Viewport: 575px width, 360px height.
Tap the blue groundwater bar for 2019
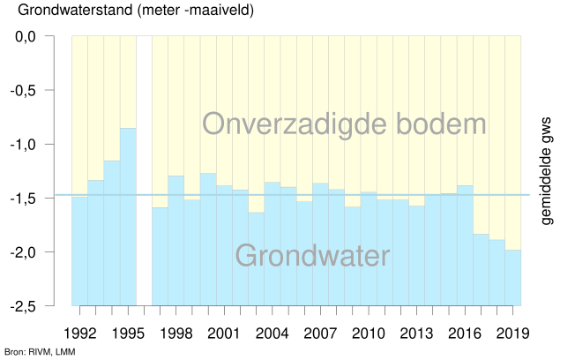(513, 277)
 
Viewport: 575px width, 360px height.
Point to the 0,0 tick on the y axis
(43, 37)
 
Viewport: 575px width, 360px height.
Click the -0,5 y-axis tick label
(41, 91)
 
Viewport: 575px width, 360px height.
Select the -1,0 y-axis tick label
(41, 145)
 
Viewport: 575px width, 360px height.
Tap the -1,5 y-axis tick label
(41, 199)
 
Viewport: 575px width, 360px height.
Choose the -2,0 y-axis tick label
(41, 252)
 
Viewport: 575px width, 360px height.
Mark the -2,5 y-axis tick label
(41, 306)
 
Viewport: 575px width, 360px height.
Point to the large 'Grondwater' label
(312, 256)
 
